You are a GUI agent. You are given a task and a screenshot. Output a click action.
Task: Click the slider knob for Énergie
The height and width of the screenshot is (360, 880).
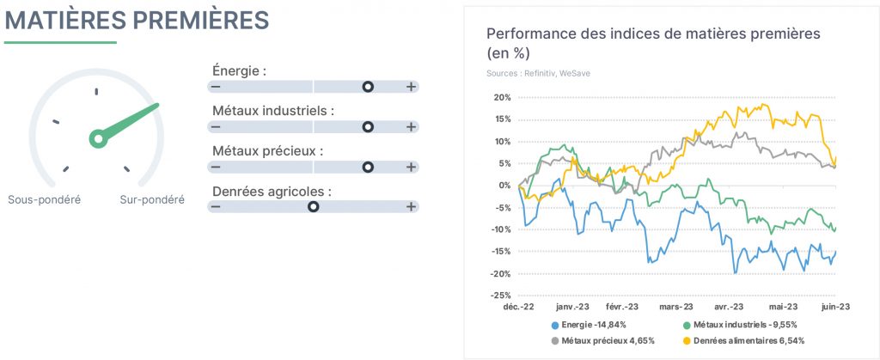point(368,87)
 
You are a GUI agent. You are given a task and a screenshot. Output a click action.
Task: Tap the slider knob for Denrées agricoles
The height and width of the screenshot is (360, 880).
point(313,207)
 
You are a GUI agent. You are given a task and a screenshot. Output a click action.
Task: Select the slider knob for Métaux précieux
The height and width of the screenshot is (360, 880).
point(368,167)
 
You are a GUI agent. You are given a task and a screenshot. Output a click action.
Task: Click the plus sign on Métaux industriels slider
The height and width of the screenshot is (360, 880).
point(412,126)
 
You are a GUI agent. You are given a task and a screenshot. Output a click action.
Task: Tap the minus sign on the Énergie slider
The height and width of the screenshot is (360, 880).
point(216,87)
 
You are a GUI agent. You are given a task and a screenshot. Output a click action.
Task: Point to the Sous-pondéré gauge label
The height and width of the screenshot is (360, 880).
point(45,199)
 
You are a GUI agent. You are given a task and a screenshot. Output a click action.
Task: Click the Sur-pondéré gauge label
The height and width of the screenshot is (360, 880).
point(152,199)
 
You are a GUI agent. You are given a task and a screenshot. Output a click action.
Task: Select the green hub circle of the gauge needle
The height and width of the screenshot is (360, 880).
point(98,138)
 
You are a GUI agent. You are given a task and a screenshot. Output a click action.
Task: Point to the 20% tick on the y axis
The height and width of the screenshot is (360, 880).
point(502,98)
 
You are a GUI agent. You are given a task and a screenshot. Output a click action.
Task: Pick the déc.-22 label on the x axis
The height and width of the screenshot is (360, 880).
point(517,307)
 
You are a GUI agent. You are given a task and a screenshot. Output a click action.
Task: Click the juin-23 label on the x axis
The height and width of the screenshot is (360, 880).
point(835,307)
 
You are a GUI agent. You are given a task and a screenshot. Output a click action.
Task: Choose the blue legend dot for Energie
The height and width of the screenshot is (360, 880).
point(555,326)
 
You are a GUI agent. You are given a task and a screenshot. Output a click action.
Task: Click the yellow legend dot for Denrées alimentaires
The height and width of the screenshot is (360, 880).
point(686,341)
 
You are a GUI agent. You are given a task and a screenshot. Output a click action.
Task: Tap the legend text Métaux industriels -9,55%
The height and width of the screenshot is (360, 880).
point(745,325)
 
